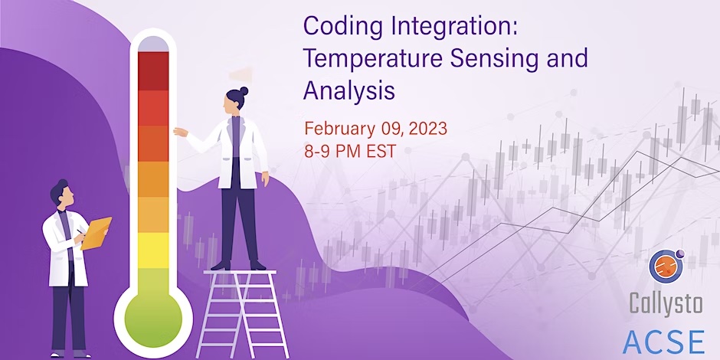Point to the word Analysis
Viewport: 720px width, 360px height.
349,90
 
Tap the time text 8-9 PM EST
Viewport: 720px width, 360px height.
350,150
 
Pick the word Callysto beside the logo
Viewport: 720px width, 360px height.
665,304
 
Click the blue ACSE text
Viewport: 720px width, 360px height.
665,339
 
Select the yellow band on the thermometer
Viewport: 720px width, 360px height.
153,250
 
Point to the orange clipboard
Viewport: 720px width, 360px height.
97,232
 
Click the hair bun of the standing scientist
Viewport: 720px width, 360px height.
243,91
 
